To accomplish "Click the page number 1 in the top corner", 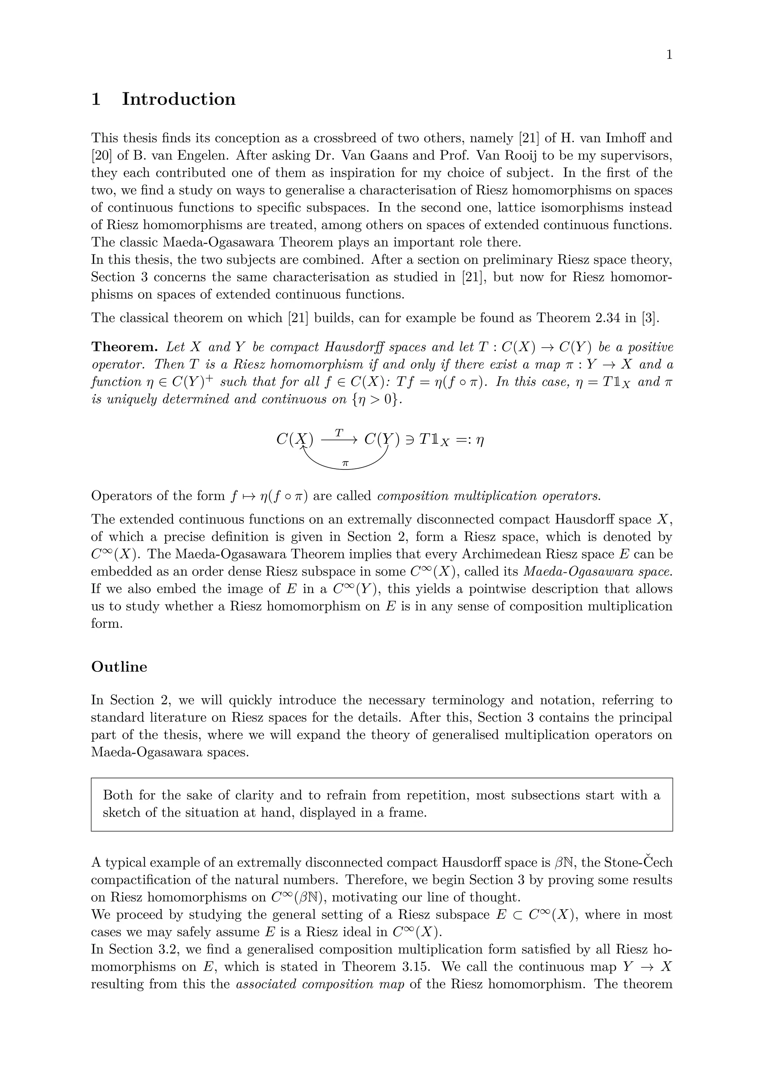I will point(669,56).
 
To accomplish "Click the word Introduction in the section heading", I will point(179,99).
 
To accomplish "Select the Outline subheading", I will point(119,667).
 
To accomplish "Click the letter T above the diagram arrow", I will point(339,431).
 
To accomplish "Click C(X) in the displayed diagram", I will point(294,439).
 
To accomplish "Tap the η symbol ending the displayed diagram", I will point(480,440).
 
